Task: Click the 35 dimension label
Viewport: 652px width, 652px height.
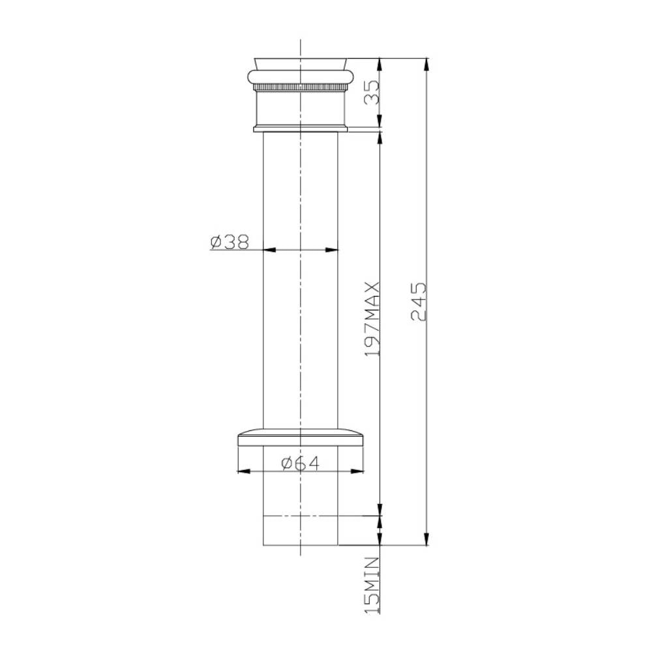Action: (x=372, y=93)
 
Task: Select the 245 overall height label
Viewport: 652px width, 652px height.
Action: (x=419, y=302)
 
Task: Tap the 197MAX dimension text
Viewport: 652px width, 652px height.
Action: (x=372, y=319)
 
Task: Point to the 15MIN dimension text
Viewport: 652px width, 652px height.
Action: (x=372, y=585)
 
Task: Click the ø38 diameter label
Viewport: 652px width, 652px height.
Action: (x=230, y=242)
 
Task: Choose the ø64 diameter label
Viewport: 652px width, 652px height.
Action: (x=300, y=463)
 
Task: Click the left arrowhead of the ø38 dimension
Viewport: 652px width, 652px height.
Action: (x=270, y=250)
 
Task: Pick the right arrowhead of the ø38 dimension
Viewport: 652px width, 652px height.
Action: (x=332, y=250)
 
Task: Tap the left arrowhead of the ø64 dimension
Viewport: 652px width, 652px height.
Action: (x=244, y=471)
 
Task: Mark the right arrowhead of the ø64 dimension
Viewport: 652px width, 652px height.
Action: (x=357, y=471)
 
